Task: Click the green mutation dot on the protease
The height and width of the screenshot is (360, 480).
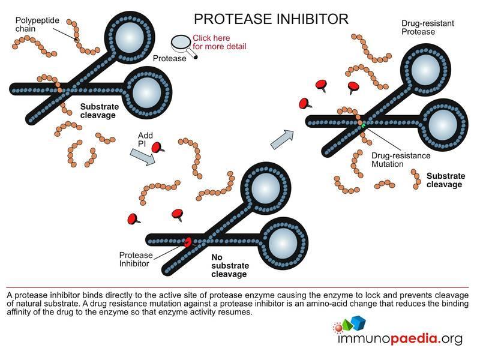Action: pos(364,125)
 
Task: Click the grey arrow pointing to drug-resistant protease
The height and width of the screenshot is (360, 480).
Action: pos(282,139)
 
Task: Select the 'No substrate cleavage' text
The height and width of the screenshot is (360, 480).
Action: pos(230,265)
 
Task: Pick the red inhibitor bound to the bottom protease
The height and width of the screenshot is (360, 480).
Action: pos(187,242)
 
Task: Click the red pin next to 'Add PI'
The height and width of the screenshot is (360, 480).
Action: pos(157,146)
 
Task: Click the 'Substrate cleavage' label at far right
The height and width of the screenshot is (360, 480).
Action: pos(444,180)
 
